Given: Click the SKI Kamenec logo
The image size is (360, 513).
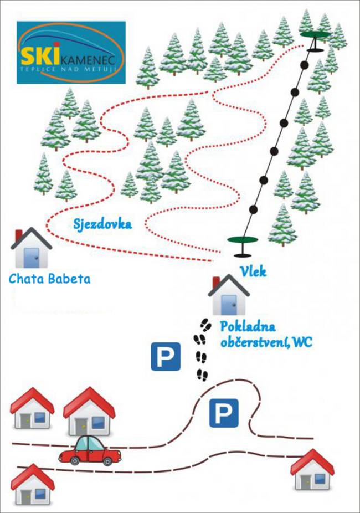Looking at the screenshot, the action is [71, 53].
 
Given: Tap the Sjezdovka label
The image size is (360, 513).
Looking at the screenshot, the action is [102, 224].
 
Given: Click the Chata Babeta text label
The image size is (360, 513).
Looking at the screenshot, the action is [49, 279].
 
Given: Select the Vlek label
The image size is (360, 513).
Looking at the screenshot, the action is [253, 271].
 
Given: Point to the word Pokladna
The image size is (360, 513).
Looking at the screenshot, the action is [248, 326].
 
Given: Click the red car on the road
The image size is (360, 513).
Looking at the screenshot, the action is [90, 450].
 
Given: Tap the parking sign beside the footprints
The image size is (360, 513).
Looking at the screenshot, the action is [166, 357].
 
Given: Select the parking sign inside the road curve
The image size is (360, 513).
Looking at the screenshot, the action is [224, 413].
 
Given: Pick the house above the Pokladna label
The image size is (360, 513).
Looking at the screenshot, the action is [229, 295].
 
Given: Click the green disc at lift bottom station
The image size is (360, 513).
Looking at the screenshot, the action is [243, 240].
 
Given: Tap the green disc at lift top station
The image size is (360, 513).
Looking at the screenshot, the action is [316, 34].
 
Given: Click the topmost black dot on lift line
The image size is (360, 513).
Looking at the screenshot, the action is [305, 65].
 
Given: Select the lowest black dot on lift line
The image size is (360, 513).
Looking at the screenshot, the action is [253, 209].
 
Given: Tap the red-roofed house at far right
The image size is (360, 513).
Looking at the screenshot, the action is [312, 469].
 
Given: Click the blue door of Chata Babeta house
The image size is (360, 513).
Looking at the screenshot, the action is [32, 258].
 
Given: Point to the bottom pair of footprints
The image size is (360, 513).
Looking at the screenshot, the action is [202, 375].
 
